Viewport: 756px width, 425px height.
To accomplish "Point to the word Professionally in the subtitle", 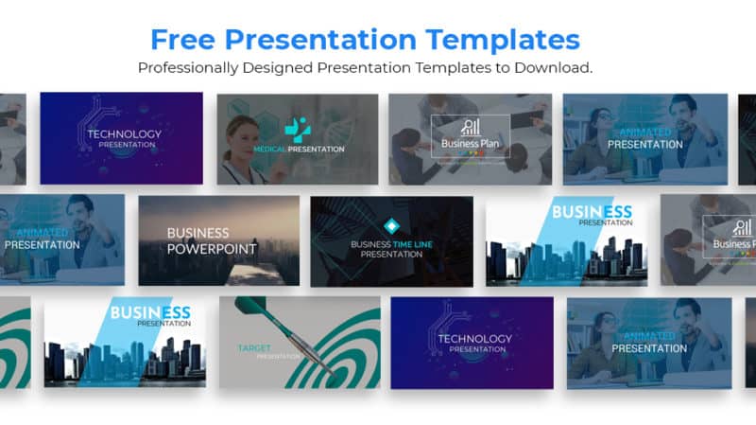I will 185,68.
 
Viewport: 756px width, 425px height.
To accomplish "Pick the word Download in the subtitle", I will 556,68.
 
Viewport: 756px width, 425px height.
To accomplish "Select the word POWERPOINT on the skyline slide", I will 212,249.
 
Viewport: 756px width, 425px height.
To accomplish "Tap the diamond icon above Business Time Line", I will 391,225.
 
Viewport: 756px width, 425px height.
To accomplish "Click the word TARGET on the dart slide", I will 254,347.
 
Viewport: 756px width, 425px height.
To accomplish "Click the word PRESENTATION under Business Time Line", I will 391,254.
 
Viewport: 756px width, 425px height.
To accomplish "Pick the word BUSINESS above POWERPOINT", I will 198,233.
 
